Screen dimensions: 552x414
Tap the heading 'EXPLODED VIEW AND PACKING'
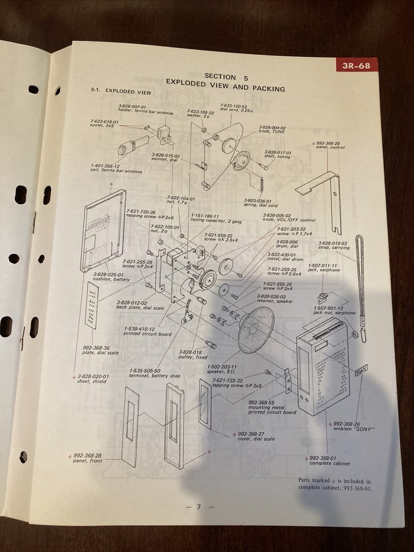click(x=226, y=88)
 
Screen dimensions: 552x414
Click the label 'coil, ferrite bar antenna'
click(x=117, y=172)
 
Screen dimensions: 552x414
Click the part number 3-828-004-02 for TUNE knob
click(x=272, y=128)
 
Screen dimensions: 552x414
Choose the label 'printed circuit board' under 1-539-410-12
click(x=148, y=334)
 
